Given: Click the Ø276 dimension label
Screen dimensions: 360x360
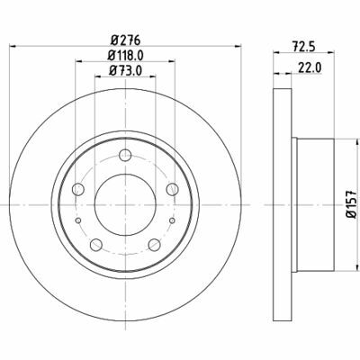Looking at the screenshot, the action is click(125, 40).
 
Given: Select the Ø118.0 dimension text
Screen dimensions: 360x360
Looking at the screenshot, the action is click(125, 55).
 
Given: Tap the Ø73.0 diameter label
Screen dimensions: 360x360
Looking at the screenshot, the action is click(125, 71).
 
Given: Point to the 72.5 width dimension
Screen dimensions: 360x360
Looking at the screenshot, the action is click(303, 47).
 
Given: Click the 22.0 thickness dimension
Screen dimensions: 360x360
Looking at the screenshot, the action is click(310, 68).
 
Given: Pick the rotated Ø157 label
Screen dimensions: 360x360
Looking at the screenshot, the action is click(351, 203).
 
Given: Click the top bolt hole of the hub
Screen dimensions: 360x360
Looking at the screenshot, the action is click(125, 155).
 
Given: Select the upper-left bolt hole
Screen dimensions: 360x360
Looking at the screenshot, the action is click(78, 189).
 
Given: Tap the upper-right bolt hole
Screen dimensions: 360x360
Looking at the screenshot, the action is click(172, 189).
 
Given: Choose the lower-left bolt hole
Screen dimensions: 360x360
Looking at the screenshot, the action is click(96, 245).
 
